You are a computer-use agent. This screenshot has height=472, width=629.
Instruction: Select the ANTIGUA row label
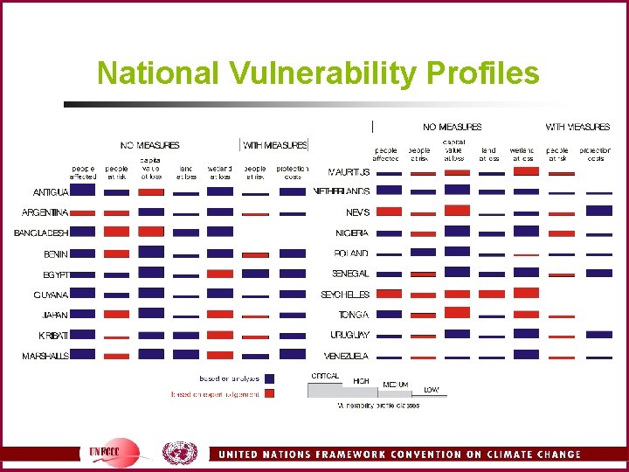[x=51, y=191]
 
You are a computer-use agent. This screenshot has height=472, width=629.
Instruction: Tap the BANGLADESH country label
[x=41, y=233]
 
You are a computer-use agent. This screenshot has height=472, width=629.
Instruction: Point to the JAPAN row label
[x=55, y=315]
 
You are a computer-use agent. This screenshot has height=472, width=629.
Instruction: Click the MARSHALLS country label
[x=45, y=356]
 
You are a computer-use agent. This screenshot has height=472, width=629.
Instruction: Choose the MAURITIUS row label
[x=349, y=171]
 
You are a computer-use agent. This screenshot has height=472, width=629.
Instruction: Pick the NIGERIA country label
[x=352, y=233]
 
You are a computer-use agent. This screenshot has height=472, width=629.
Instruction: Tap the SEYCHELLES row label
[x=346, y=295]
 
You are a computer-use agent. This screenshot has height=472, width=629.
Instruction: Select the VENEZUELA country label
[x=346, y=356]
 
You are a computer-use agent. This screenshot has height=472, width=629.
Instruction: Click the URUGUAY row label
[x=349, y=336]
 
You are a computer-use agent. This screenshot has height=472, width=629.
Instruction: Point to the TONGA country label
[x=354, y=315]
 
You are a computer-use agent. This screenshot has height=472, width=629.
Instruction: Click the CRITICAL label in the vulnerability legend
[x=325, y=375]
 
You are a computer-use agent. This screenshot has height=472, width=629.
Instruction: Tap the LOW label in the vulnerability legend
[x=432, y=389]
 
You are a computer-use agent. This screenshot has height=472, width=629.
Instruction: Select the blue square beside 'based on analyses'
[x=270, y=378]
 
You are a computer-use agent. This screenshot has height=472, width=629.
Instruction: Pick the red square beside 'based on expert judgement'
[x=270, y=394]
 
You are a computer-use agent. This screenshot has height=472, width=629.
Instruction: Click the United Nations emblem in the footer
[x=180, y=453]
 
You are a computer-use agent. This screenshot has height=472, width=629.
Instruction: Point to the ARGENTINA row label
[x=45, y=212]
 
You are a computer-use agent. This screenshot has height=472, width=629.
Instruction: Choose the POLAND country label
[x=351, y=253]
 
